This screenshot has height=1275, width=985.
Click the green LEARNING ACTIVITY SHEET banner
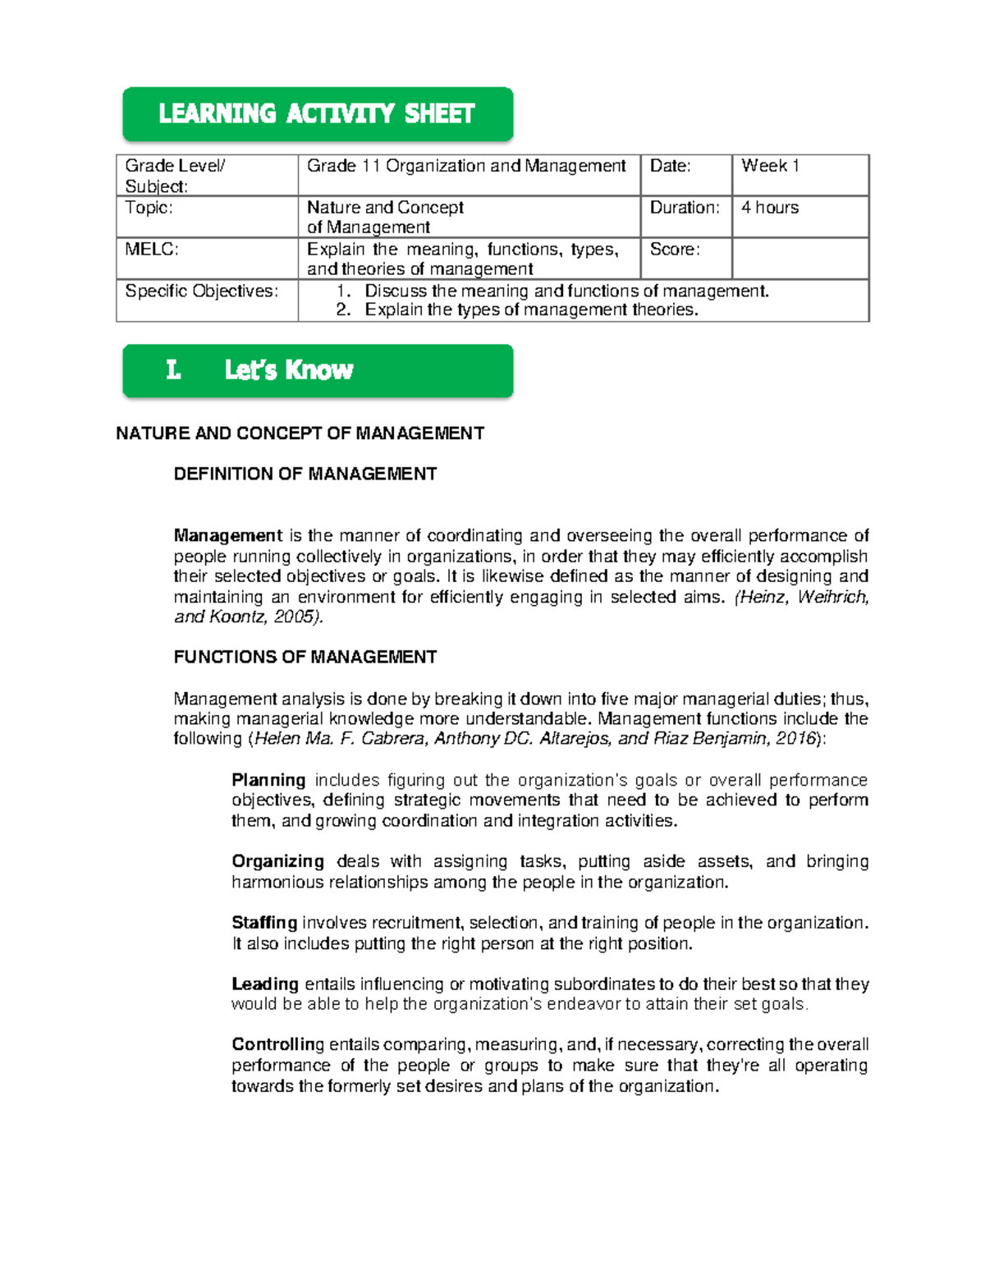tap(318, 113)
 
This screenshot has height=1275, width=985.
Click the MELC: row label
tap(152, 250)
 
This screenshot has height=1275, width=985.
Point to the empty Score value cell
tap(799, 259)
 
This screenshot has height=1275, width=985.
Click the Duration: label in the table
tap(685, 208)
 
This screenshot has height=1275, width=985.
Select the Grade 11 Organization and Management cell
tap(466, 166)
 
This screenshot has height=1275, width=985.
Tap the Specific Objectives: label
tap(201, 291)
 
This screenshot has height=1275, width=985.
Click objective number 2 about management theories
tap(531, 310)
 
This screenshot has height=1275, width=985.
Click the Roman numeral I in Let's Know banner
tap(172, 370)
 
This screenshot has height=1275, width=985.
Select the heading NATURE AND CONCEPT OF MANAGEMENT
tap(300, 433)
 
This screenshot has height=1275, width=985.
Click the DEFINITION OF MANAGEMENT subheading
tap(305, 474)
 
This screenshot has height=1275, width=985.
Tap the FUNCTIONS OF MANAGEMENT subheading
tap(305, 657)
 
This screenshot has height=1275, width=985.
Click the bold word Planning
tap(268, 780)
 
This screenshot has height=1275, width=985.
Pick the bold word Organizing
tap(277, 861)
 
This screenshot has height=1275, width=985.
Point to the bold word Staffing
tap(263, 923)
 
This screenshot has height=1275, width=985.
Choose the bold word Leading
tap(264, 984)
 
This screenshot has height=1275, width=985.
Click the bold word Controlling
tap(277, 1044)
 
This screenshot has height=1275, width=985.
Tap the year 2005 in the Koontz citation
tap(293, 617)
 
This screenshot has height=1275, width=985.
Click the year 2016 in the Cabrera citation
tap(794, 739)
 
